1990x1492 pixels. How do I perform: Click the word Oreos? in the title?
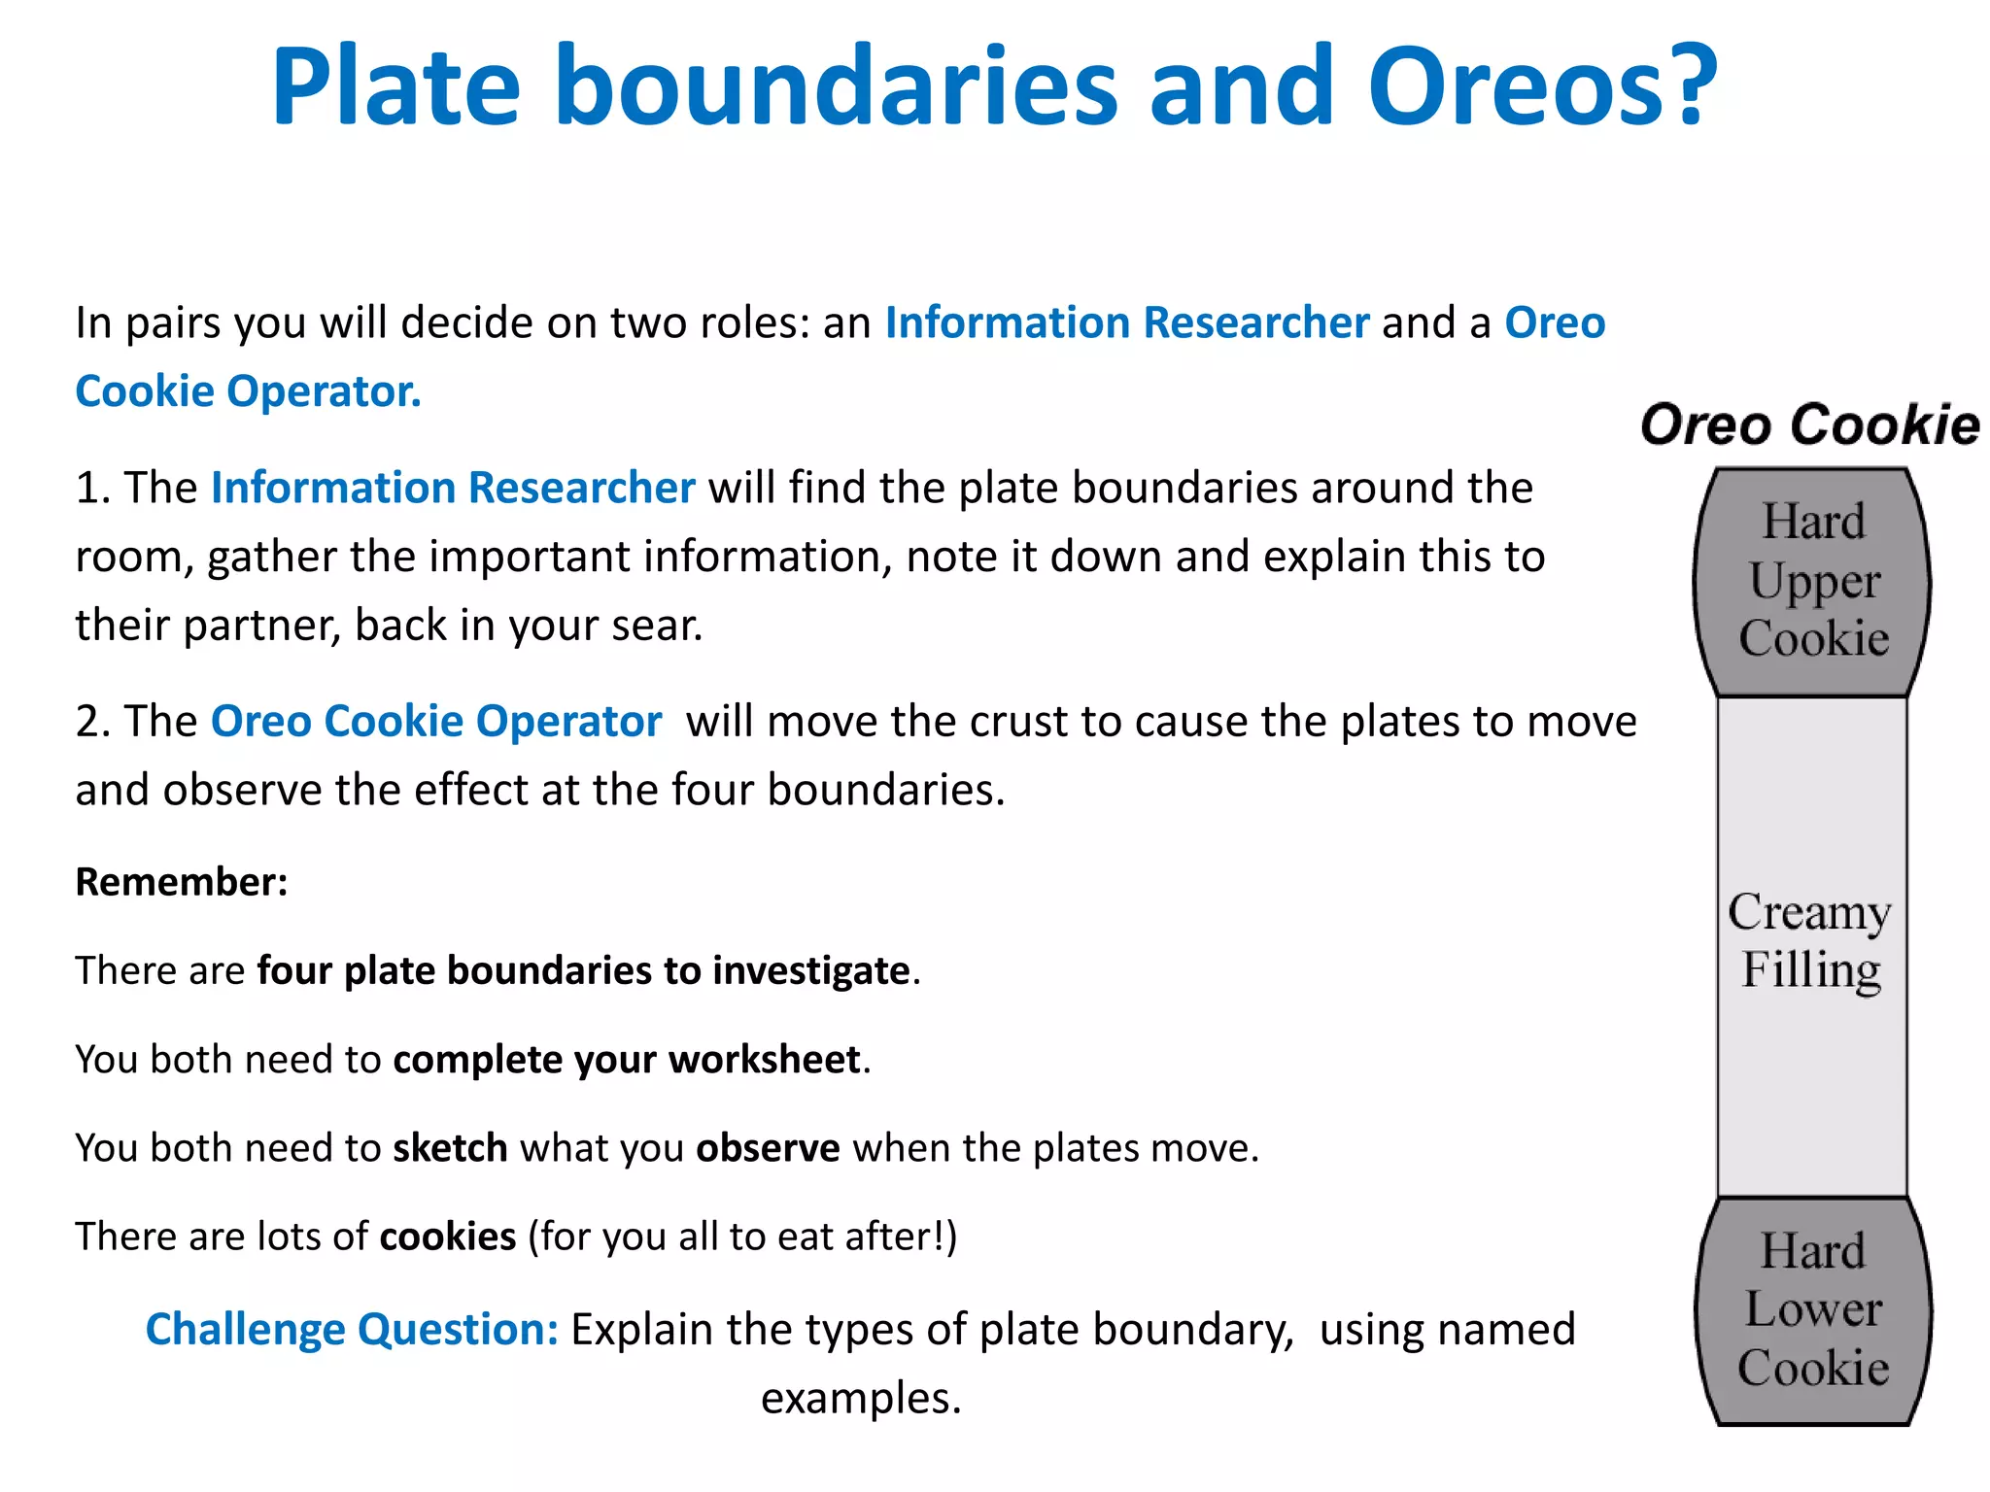click(1542, 87)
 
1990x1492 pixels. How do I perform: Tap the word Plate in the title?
click(395, 87)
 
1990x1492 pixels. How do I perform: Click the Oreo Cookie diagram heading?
click(1809, 424)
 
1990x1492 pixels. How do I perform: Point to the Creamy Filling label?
click(1809, 940)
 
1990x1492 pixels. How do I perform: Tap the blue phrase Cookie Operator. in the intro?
click(249, 391)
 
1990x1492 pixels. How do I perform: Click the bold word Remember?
click(182, 882)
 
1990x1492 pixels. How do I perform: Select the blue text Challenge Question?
click(352, 1329)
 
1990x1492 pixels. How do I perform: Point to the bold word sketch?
click(450, 1148)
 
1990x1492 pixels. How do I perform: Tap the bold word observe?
click(768, 1148)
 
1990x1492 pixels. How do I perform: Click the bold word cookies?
click(447, 1237)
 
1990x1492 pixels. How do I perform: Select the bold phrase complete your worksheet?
click(627, 1060)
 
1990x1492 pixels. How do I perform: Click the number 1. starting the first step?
click(93, 488)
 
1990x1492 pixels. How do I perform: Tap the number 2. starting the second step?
click(93, 722)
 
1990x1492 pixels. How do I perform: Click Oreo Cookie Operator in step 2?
click(436, 722)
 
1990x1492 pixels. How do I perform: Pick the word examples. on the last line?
click(861, 1398)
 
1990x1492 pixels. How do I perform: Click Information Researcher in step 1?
click(453, 488)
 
